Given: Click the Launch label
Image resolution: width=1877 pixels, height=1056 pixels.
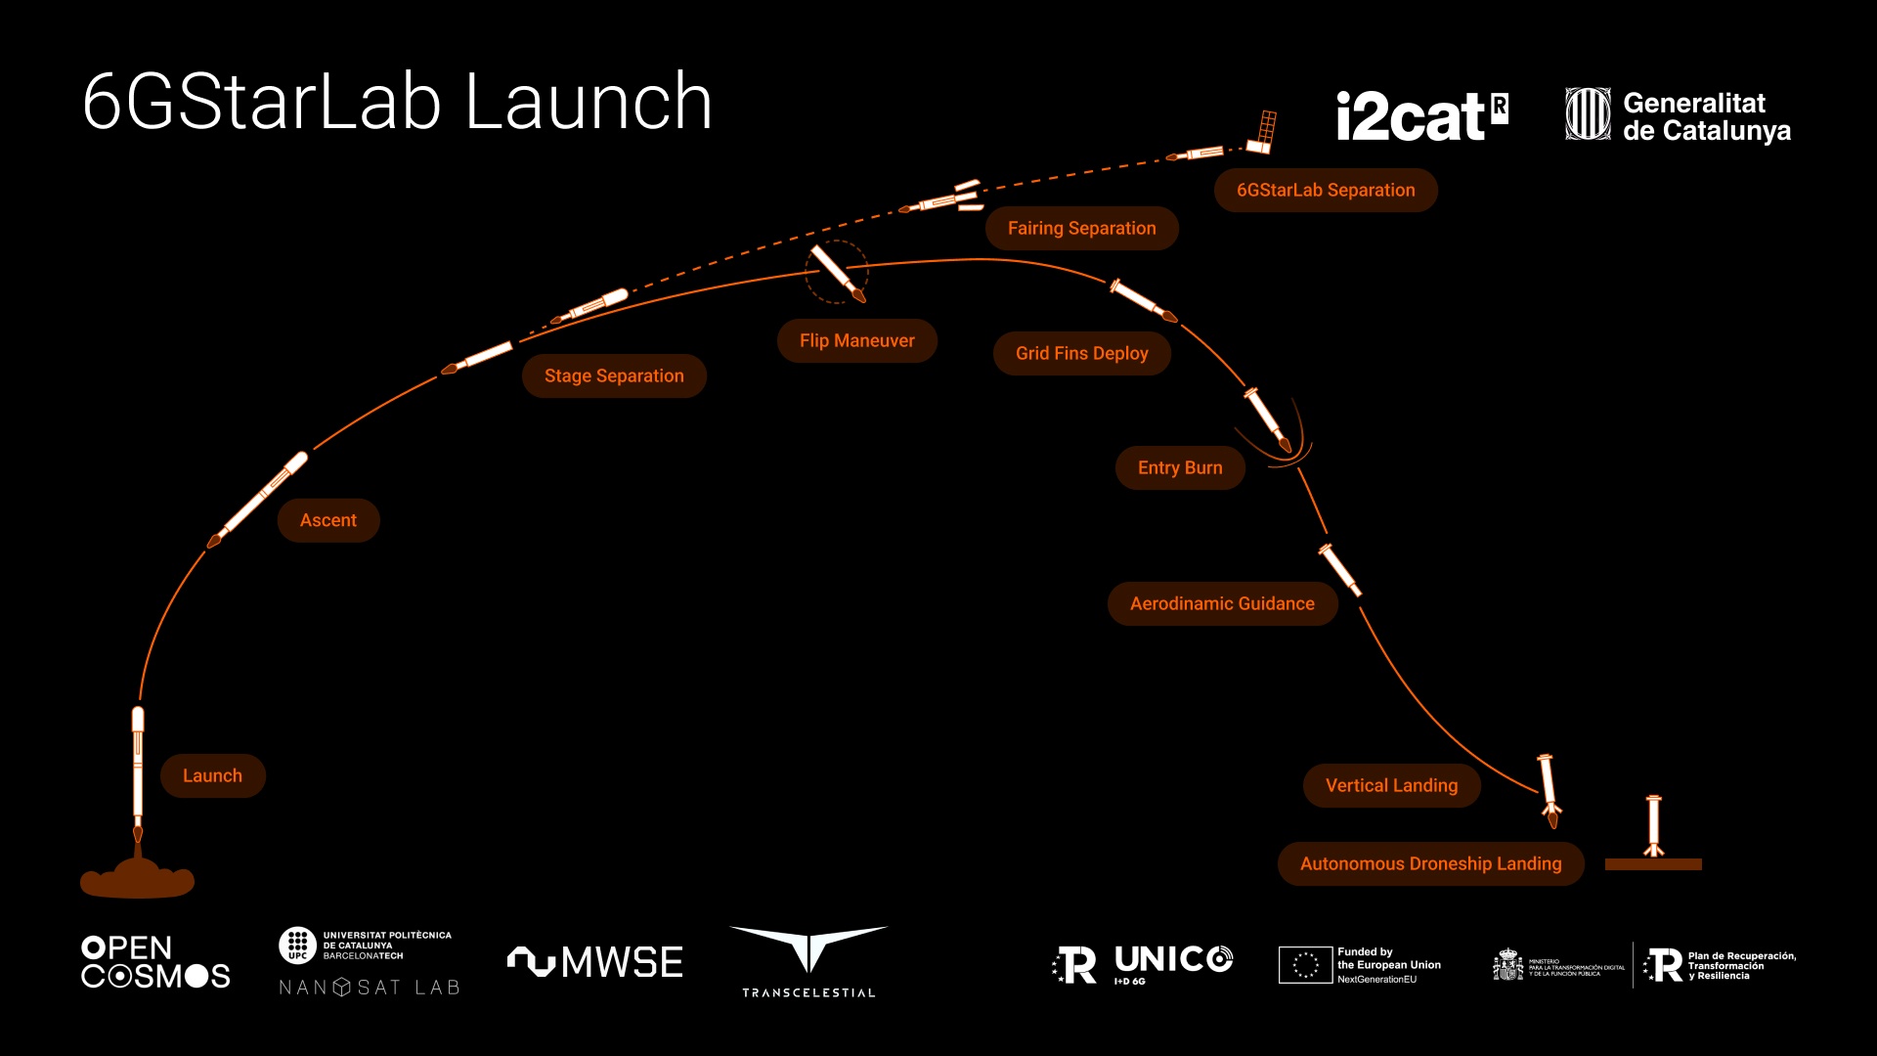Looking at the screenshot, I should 212,775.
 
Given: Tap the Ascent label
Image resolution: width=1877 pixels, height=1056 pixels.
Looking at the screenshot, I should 327,520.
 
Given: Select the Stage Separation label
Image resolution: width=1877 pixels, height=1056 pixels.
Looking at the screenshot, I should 614,375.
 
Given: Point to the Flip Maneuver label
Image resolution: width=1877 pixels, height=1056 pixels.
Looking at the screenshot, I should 856,340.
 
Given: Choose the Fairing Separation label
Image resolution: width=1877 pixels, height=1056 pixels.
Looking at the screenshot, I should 1081,228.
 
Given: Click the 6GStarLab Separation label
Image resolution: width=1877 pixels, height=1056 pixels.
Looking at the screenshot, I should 1325,190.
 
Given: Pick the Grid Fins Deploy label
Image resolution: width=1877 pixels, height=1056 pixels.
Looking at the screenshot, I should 1081,353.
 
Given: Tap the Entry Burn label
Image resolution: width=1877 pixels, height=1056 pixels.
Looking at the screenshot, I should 1179,467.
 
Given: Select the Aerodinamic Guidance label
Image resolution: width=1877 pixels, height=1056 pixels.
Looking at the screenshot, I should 1222,603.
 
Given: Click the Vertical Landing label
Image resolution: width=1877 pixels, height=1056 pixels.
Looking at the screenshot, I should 1391,785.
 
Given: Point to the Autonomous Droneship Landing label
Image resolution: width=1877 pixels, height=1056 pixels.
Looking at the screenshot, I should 1430,863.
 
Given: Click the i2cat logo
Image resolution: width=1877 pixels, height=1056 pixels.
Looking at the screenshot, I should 1420,116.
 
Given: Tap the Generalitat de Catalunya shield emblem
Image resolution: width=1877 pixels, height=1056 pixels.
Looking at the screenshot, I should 1588,114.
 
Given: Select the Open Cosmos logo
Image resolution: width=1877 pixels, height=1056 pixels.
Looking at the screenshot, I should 155,962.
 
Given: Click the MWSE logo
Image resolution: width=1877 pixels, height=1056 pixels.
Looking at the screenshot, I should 595,962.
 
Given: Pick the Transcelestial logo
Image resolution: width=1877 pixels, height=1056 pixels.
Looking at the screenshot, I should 808,961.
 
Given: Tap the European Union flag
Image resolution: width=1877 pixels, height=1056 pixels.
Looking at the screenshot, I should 1305,964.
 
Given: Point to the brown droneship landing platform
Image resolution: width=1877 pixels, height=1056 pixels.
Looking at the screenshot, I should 1653,864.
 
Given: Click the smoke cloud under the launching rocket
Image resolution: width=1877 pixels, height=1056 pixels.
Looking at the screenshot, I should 137,879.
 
